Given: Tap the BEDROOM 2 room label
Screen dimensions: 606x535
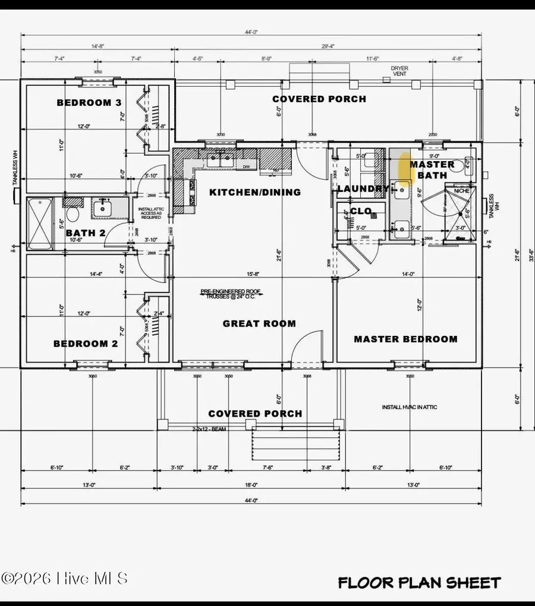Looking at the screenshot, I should click(x=86, y=344).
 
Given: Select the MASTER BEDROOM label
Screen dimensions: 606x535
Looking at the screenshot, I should click(x=405, y=339).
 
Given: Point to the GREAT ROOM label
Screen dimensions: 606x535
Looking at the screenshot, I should click(x=259, y=324).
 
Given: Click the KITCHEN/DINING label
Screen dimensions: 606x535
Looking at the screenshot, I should click(x=254, y=192).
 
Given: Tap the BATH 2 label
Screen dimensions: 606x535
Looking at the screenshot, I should click(x=85, y=233).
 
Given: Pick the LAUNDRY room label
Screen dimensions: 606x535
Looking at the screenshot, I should click(x=363, y=189).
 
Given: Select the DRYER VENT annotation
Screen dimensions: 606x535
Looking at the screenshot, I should click(x=399, y=71).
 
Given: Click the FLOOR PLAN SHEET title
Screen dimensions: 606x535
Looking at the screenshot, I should click(x=419, y=583).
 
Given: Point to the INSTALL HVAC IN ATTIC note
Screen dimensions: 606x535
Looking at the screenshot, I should click(x=410, y=407).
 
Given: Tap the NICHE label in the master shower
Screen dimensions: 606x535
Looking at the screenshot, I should click(x=461, y=191).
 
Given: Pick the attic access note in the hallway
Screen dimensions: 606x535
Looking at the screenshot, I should click(x=151, y=213).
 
